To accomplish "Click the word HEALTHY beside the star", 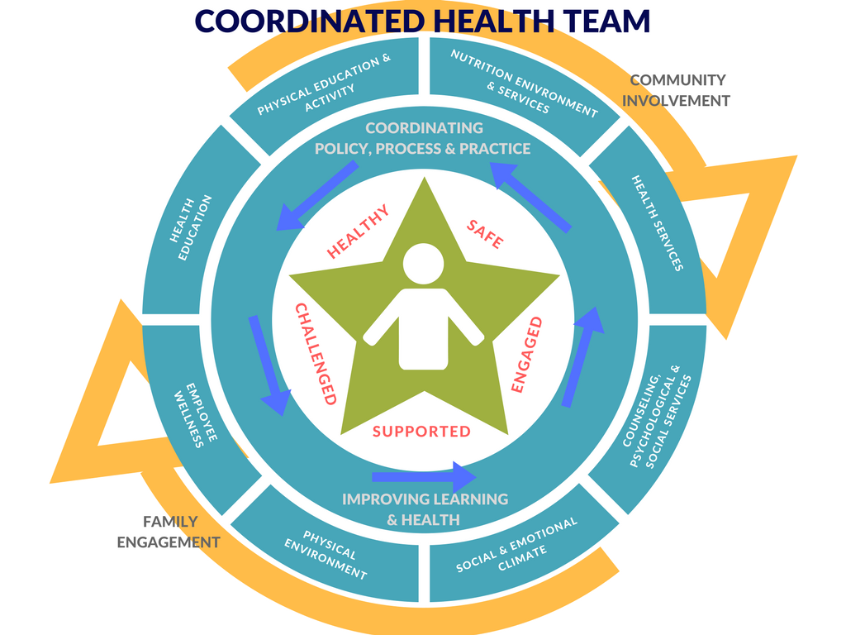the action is point(358,232).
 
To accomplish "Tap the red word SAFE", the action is point(485,234).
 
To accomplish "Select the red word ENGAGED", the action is point(526,355).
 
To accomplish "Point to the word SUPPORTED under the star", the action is point(421,432).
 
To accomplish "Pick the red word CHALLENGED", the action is point(316,354).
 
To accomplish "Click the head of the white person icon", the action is point(424,264).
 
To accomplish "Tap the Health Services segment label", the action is point(657,222).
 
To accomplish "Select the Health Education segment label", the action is point(191,228).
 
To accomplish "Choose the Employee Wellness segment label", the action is point(195,415).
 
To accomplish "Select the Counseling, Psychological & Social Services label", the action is point(657,417).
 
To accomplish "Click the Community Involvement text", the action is point(676,90).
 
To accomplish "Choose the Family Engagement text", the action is point(169,532).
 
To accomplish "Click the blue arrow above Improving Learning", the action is point(424,477).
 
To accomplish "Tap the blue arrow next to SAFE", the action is point(530,198).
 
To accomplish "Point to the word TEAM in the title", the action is point(607,21).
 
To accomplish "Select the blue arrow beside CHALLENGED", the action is point(269,365).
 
